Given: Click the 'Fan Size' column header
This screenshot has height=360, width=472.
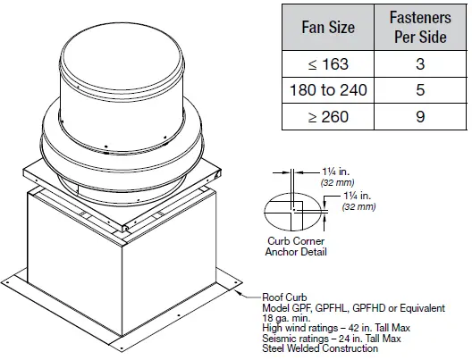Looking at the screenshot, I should coord(325,28).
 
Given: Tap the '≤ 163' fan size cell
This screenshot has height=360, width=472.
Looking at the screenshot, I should coord(325,64).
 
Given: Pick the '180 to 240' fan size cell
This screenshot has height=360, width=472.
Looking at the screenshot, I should coord(325,90).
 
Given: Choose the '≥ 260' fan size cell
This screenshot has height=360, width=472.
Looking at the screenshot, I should coord(325,116).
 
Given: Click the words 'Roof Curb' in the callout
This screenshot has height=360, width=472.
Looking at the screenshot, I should coord(282,299).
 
